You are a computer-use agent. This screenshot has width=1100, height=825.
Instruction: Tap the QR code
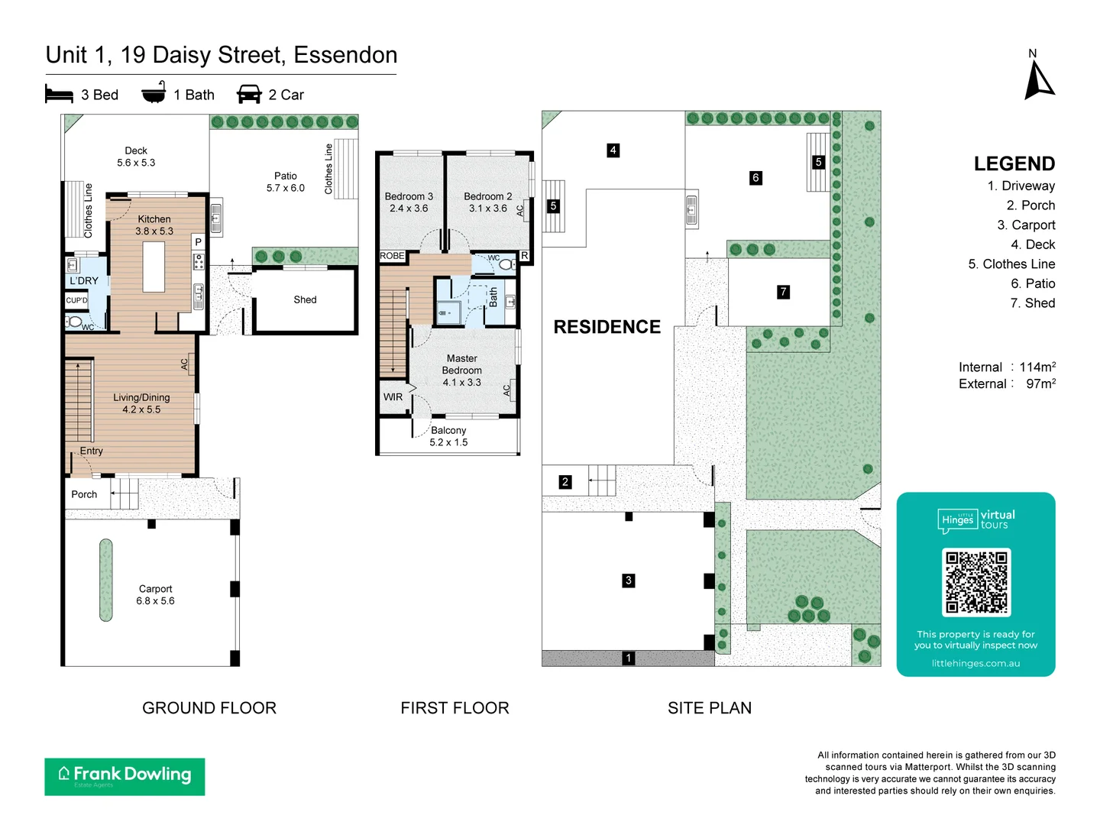(x=976, y=582)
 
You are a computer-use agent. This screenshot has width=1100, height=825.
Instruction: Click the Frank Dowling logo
(x=125, y=776)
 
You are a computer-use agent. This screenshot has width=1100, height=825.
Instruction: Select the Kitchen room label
(x=154, y=225)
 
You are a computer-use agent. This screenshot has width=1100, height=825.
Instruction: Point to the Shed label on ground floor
(x=305, y=300)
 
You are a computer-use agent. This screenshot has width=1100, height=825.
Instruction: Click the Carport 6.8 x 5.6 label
(x=156, y=595)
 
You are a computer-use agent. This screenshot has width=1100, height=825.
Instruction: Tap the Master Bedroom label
(x=462, y=370)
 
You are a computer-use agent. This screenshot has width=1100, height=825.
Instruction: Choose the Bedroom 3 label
(x=409, y=202)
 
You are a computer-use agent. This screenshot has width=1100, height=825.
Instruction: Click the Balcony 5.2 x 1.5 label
(x=448, y=436)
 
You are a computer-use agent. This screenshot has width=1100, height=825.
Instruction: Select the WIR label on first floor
(x=393, y=397)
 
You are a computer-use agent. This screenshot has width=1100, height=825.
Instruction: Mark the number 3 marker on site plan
(x=629, y=581)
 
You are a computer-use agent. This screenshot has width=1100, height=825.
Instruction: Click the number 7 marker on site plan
(x=783, y=292)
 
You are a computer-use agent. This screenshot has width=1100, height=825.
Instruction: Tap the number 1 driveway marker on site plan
(x=629, y=658)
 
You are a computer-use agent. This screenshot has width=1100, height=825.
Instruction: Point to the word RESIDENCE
(x=607, y=327)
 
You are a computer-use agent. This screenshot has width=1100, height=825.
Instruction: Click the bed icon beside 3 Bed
(x=59, y=95)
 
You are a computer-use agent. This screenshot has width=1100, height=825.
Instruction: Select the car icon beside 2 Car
(x=249, y=95)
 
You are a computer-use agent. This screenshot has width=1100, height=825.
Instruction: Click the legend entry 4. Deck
(x=1033, y=244)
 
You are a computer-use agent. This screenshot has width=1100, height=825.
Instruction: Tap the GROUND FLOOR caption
(x=209, y=708)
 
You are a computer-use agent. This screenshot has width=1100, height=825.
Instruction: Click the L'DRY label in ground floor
(x=84, y=281)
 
